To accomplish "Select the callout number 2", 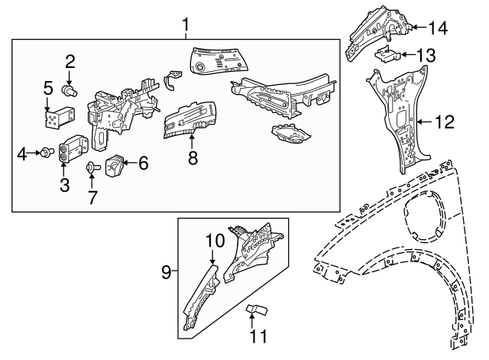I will (70, 61).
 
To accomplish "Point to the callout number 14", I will (438, 28).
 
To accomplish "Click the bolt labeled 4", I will (46, 154).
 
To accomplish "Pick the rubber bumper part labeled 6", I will (117, 164).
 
